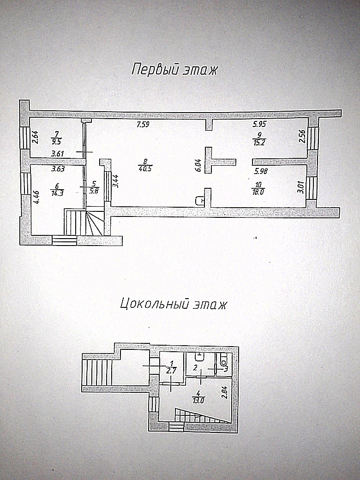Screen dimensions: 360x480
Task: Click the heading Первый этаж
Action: click(x=174, y=70)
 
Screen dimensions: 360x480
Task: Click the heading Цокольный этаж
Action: click(x=173, y=305)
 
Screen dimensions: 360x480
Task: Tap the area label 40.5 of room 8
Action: click(x=145, y=168)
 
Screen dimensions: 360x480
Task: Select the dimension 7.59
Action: click(x=143, y=125)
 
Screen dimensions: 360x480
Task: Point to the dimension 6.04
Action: click(x=198, y=166)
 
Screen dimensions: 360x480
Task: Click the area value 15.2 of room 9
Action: click(x=259, y=143)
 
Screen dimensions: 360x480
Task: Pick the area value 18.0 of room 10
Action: click(x=258, y=192)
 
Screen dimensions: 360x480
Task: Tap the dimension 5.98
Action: click(x=260, y=171)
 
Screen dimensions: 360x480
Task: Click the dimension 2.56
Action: click(x=302, y=137)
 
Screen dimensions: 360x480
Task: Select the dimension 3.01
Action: click(x=301, y=187)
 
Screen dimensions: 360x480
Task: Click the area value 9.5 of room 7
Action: click(x=57, y=142)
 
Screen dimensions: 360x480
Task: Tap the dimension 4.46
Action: click(x=36, y=197)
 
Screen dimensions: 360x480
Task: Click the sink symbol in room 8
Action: click(x=200, y=200)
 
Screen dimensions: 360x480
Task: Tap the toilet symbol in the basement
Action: click(x=224, y=361)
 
